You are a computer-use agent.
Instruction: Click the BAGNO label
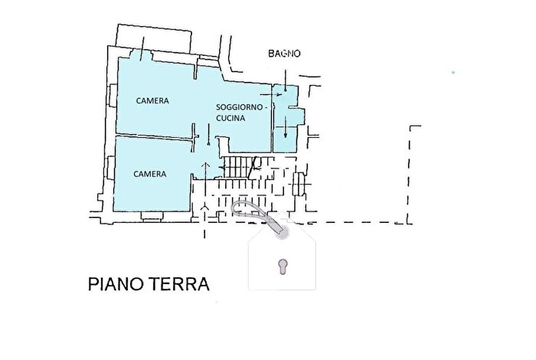pyautogui.click(x=284, y=54)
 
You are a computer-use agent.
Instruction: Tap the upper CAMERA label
pyautogui.click(x=153, y=100)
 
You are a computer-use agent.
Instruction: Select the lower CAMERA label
pyautogui.click(x=150, y=174)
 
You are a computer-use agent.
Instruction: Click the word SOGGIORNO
pyautogui.click(x=240, y=107)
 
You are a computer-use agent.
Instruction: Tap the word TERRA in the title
pyautogui.click(x=180, y=285)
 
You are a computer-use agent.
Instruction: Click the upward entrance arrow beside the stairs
pyautogui.click(x=204, y=173)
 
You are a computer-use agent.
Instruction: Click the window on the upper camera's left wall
pyautogui.click(x=113, y=96)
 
